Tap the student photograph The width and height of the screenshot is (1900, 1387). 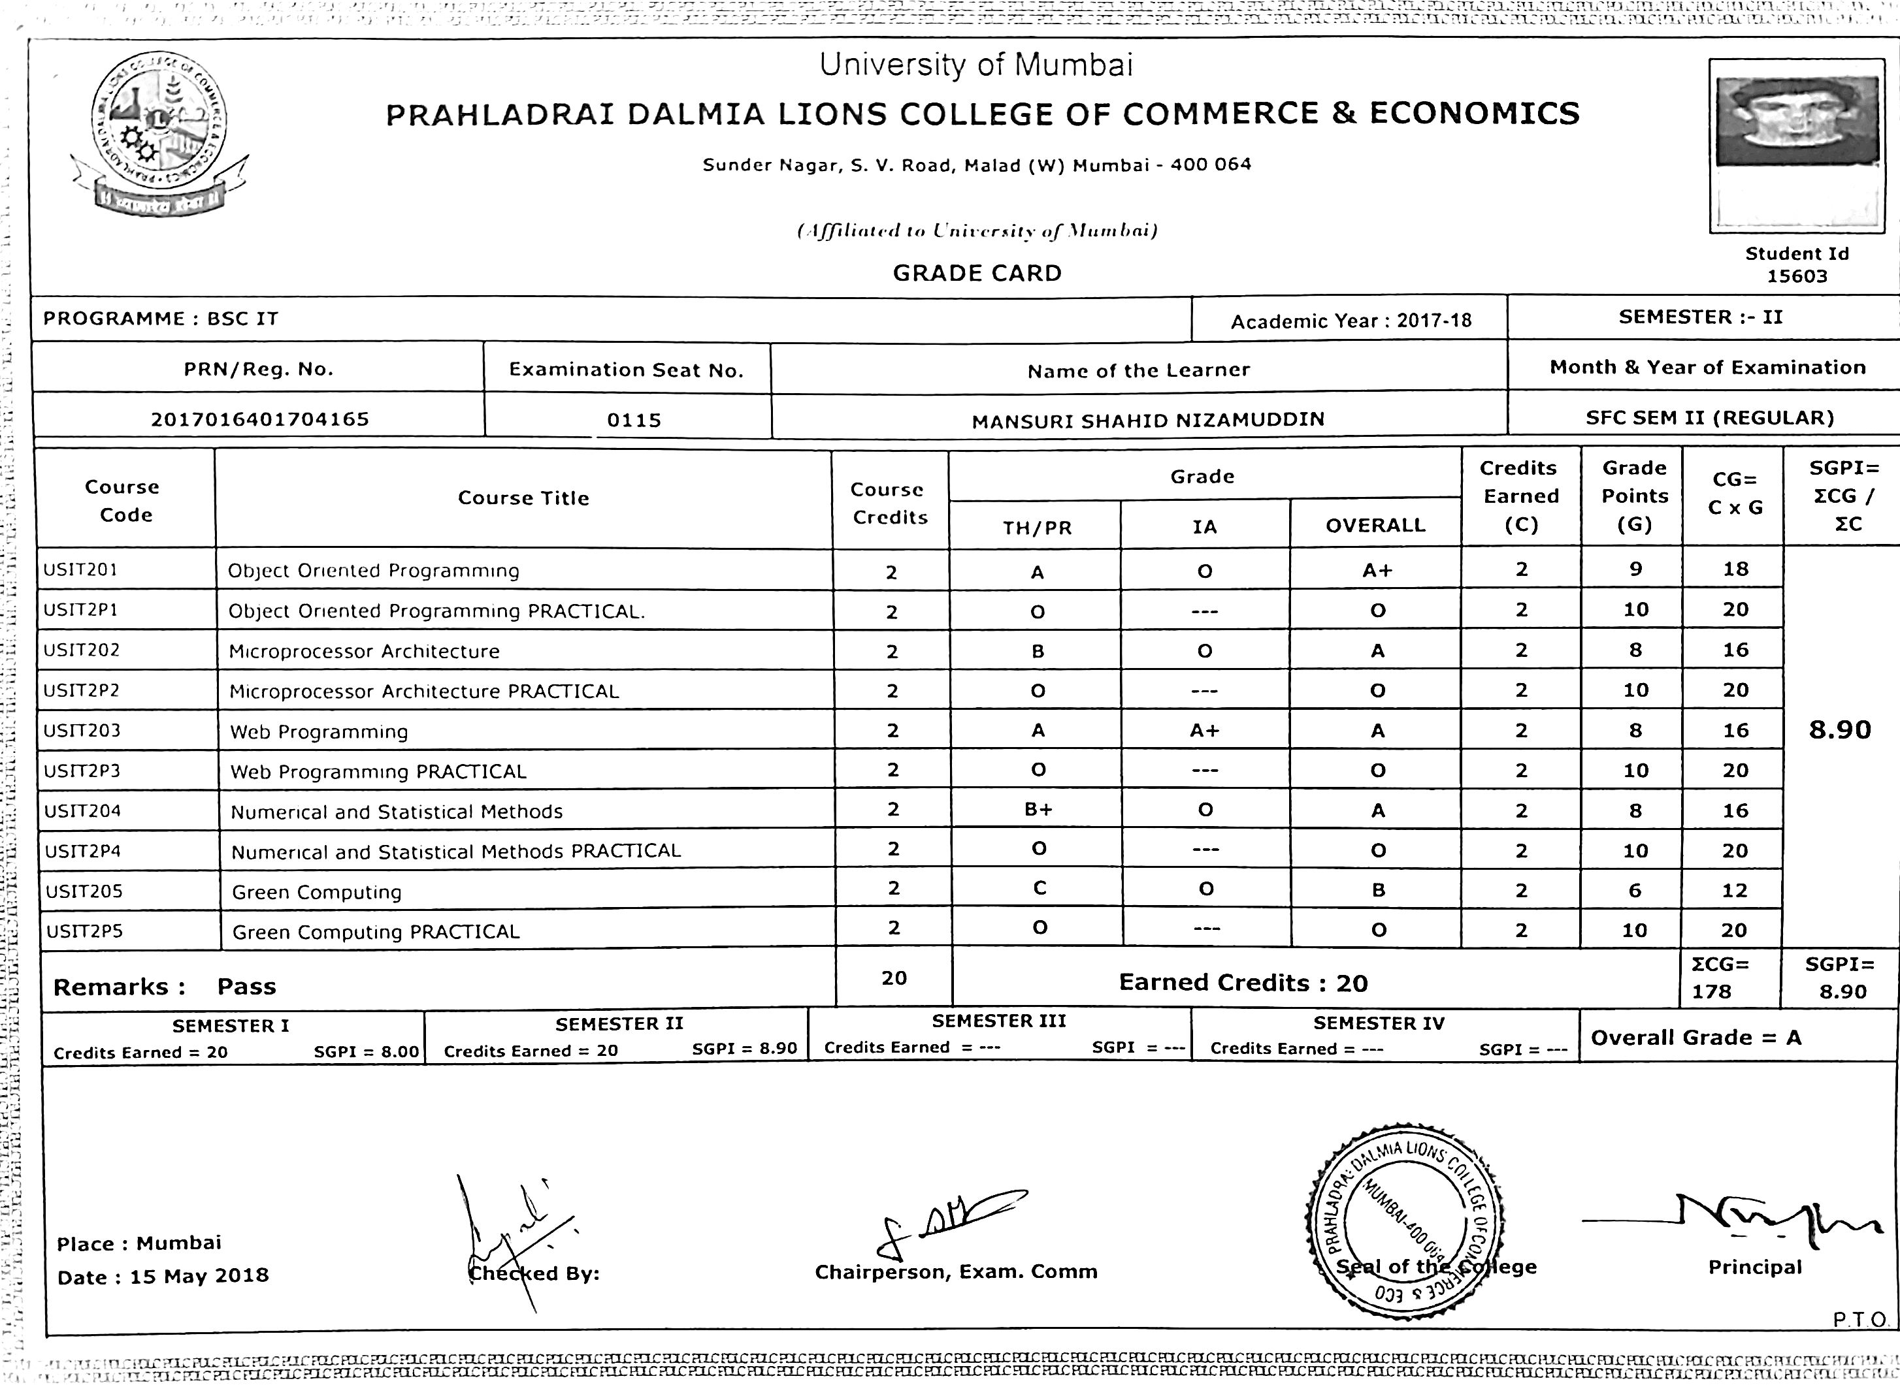tap(1796, 121)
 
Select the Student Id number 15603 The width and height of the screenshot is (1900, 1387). tap(1797, 277)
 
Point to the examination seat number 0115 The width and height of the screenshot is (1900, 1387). tap(634, 420)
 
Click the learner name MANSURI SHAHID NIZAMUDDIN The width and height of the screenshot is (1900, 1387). tap(1147, 420)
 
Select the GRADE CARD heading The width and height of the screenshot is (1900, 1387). tap(977, 273)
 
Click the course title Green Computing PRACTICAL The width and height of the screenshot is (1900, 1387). tap(376, 932)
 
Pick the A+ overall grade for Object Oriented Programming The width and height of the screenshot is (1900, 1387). tap(1377, 571)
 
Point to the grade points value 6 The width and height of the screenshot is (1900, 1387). tap(1635, 890)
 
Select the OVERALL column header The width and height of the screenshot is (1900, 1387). tap(1375, 526)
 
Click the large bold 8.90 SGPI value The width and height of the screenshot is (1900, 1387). tap(1839, 729)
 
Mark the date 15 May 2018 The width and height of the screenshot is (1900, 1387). tap(199, 1276)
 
